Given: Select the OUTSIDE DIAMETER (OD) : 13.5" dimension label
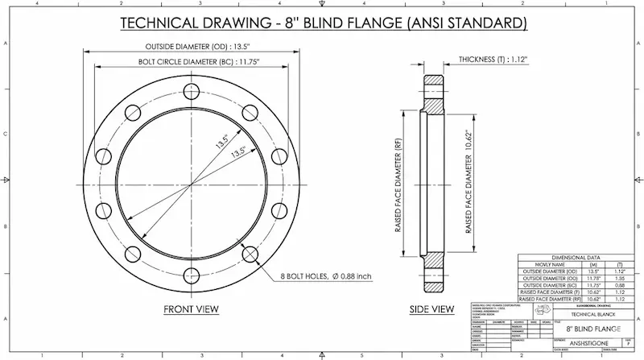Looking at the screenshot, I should (190, 46).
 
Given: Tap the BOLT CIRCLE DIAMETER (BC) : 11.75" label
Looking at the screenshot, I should (190, 61).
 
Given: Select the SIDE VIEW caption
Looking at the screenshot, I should (432, 309).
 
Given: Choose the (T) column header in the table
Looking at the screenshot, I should (618, 264).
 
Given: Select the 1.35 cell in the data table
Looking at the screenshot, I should (618, 278).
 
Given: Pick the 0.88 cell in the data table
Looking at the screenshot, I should (618, 285).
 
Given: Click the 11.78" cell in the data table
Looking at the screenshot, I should (593, 278).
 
